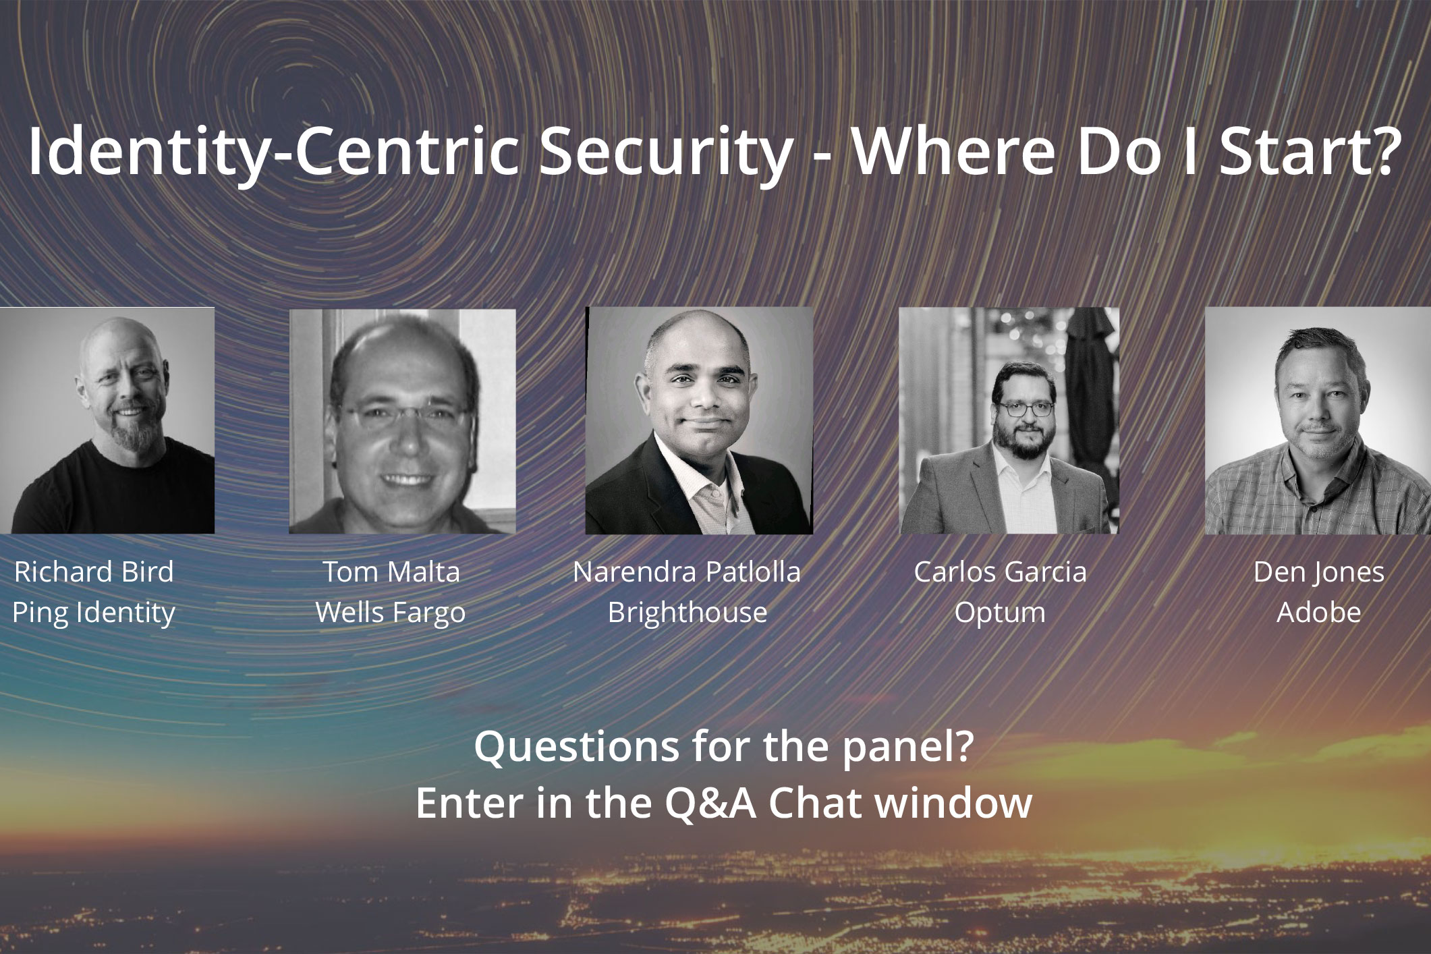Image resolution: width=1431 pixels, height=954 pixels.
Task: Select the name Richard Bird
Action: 94,572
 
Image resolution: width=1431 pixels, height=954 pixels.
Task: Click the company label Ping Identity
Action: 94,613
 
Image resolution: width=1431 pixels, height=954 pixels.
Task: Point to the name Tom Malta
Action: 391,572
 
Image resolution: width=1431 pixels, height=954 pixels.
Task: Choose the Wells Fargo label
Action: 391,613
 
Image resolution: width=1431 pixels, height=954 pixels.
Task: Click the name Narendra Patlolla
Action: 687,572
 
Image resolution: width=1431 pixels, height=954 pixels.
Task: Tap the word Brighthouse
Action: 688,613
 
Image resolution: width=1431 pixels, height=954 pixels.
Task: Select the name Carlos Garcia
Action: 1001,572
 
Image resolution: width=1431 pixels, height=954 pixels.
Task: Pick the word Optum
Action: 1000,613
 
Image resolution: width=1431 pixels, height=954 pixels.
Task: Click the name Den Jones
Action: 1319,572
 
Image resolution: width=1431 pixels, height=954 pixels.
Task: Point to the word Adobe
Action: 1319,613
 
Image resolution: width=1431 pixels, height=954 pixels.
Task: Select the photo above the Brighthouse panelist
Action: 699,420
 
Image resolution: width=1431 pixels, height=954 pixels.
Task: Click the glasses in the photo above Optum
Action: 1025,408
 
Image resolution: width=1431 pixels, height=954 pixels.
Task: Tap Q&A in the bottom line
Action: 710,803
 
